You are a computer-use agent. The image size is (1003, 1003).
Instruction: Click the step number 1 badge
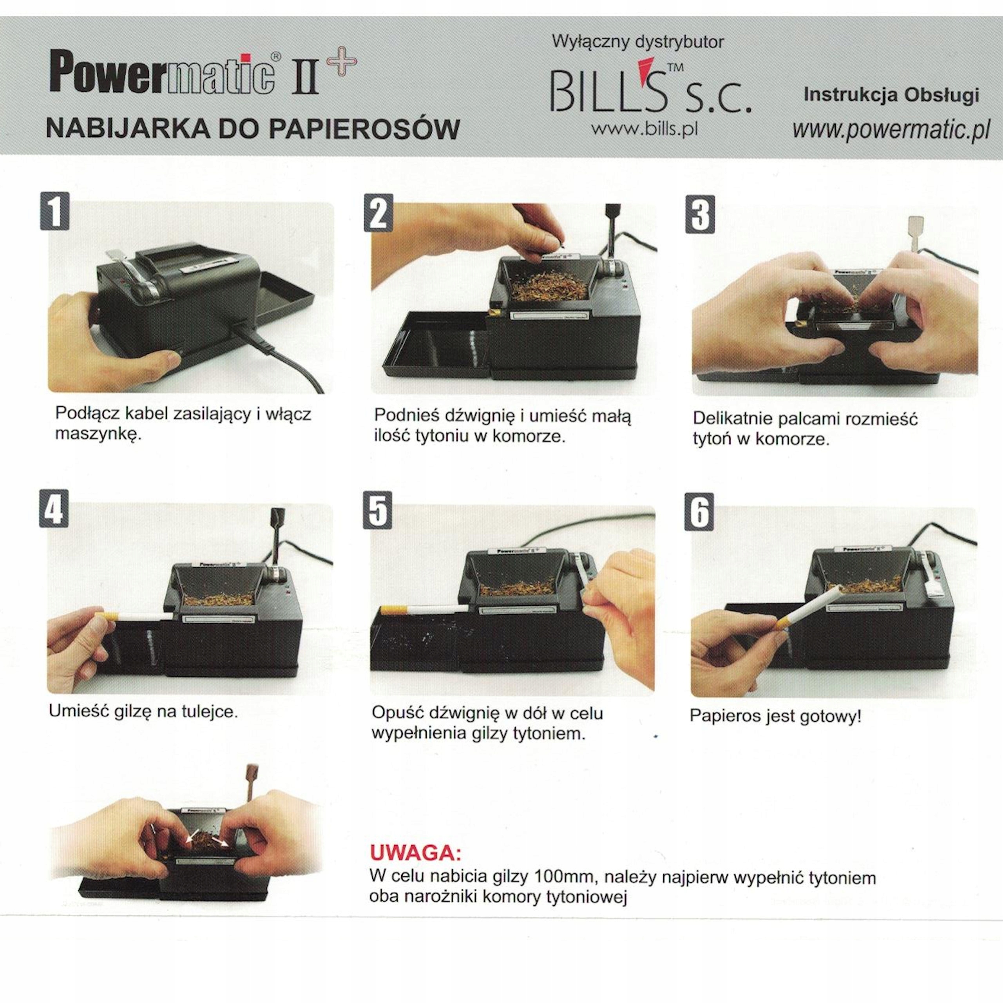pos(54,211)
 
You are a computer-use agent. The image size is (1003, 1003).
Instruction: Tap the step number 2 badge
pos(378,212)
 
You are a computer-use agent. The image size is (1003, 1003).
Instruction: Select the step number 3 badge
pos(700,214)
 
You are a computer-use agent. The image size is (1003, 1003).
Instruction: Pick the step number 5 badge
pos(377,511)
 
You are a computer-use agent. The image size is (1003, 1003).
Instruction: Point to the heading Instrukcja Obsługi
pos(891,95)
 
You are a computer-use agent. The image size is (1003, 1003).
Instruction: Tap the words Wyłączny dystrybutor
pos(637,41)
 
